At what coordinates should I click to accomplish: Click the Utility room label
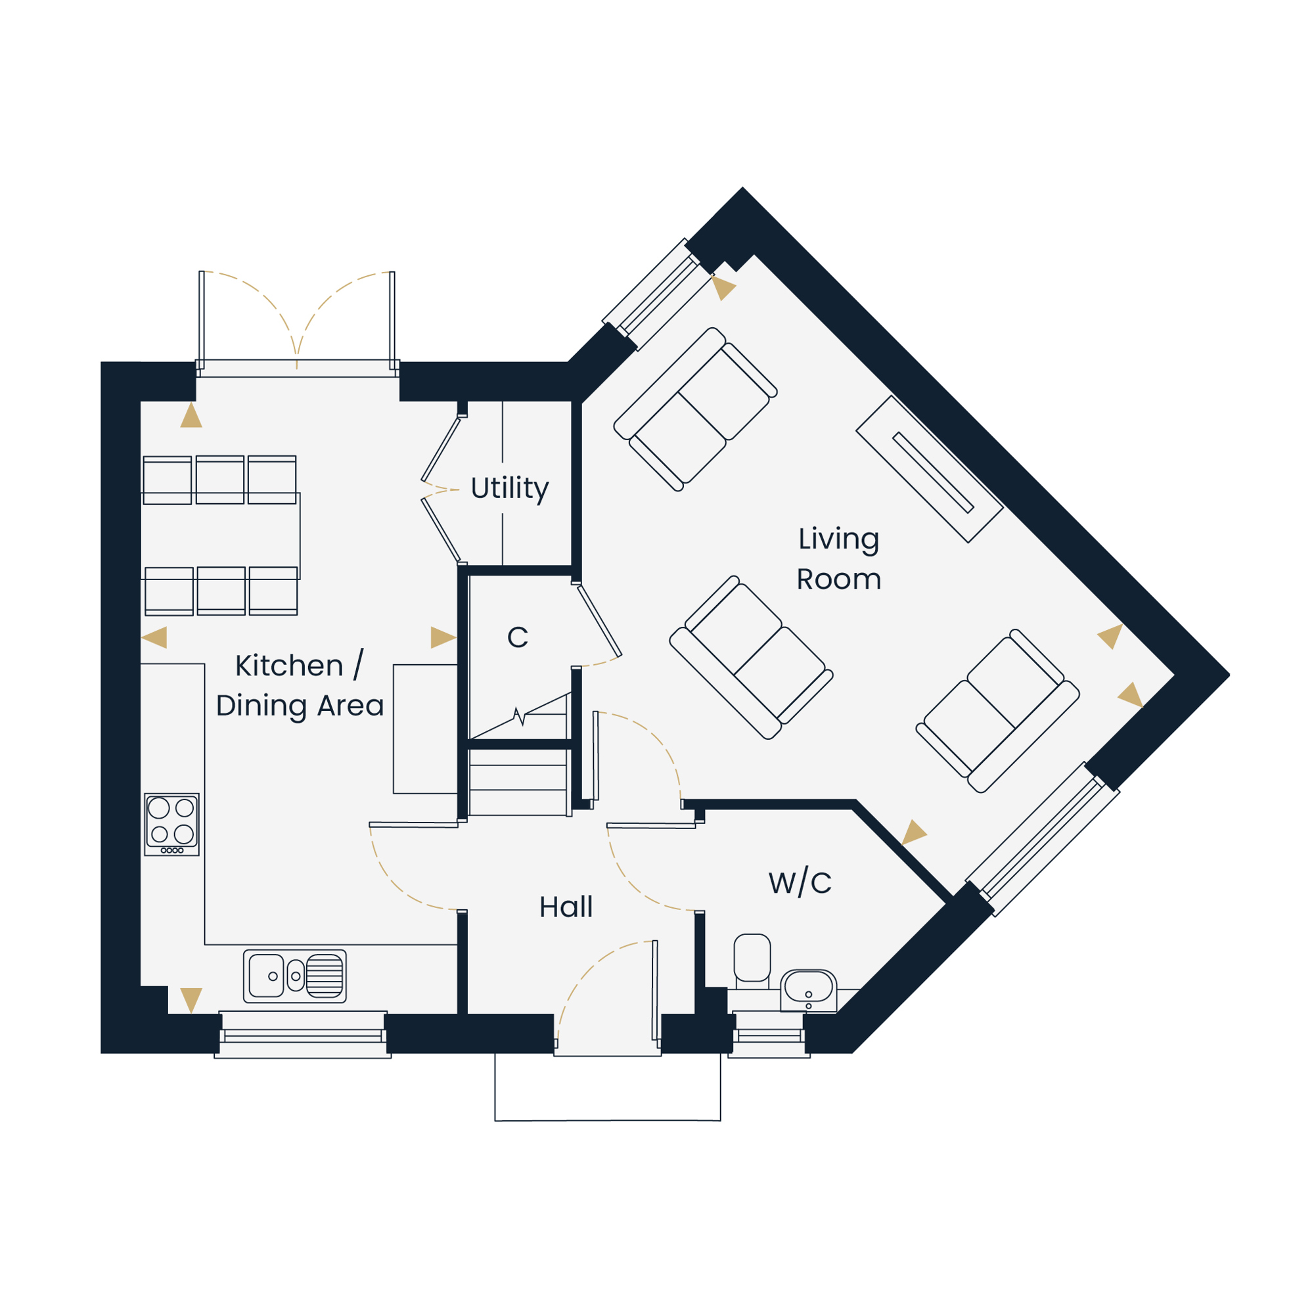pos(509,489)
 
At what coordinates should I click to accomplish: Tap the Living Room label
pos(838,559)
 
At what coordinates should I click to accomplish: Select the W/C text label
pos(800,883)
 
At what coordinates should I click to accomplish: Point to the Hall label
pos(566,907)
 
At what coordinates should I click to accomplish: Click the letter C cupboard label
pos(518,637)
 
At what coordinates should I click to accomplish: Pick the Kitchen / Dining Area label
pos(300,685)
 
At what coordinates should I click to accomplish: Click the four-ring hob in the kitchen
pos(171,825)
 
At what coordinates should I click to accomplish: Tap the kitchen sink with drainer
pos(294,977)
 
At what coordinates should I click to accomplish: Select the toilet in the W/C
pos(752,961)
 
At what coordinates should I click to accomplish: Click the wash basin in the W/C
pos(808,989)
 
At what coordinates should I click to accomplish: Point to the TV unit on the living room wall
pos(929,469)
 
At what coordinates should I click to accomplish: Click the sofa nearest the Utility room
pos(695,409)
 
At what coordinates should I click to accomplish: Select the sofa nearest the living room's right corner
pos(998,711)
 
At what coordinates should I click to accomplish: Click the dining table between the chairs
pos(221,536)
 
